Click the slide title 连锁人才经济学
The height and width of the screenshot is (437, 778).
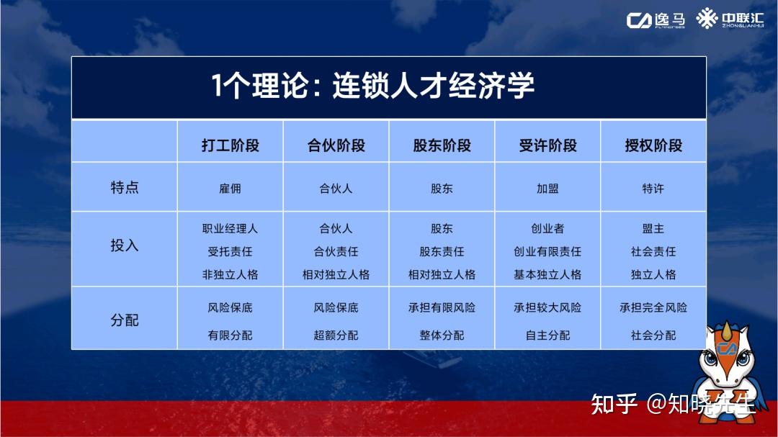click(433, 86)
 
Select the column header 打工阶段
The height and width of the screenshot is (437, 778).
click(231, 145)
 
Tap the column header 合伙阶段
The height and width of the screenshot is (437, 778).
click(336, 145)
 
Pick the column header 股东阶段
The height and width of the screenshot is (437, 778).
click(442, 145)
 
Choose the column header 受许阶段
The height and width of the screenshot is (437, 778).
click(547, 145)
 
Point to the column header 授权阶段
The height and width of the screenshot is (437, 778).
click(653, 145)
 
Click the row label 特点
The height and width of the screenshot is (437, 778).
click(125, 187)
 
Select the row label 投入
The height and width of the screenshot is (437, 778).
click(125, 245)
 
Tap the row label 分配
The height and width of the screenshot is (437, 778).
click(125, 320)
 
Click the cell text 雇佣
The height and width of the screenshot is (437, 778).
click(231, 189)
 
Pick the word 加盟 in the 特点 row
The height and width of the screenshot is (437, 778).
click(547, 189)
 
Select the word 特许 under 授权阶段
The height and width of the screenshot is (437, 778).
click(653, 189)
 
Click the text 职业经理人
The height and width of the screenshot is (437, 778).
click(231, 229)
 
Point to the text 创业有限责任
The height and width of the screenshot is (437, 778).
click(547, 251)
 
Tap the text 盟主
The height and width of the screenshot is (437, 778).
click(653, 229)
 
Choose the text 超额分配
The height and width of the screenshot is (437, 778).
click(336, 335)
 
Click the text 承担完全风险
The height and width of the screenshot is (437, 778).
click(653, 307)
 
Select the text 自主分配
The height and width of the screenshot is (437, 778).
click(547, 335)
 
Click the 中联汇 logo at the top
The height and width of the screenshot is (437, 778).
click(730, 19)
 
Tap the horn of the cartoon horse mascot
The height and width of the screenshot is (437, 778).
click(727, 330)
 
